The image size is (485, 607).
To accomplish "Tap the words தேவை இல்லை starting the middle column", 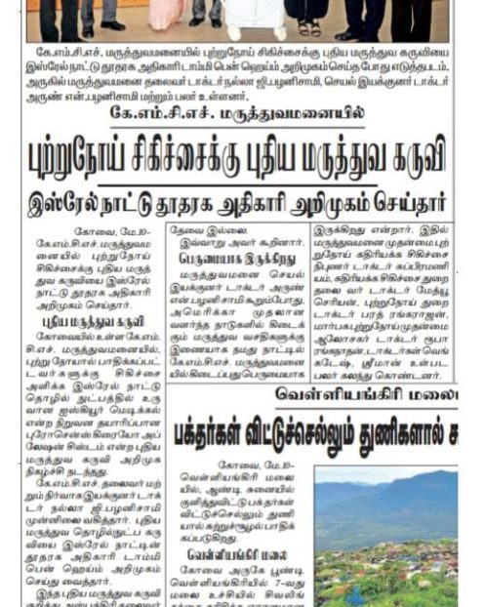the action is click(x=204, y=228).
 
